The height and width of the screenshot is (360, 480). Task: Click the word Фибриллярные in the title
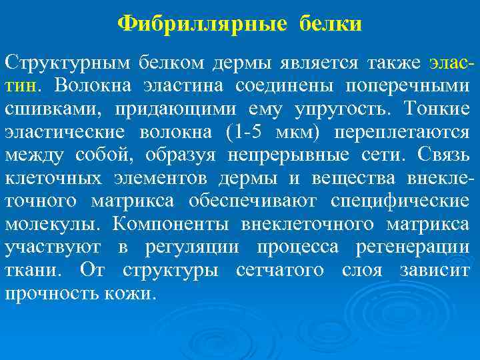coord(202,24)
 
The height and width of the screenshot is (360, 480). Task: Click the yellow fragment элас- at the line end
coord(452,63)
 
